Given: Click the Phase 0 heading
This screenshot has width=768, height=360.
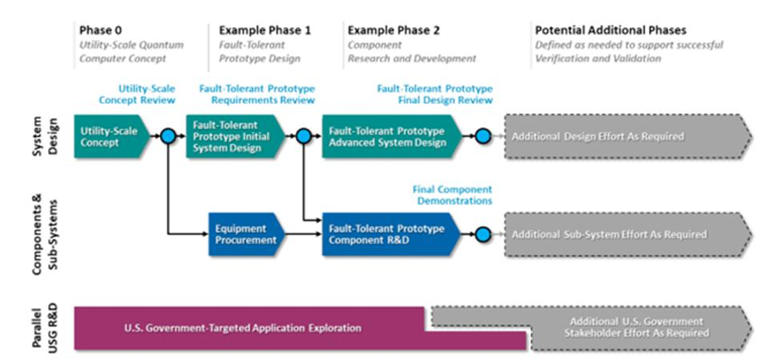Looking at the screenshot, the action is [x=100, y=31].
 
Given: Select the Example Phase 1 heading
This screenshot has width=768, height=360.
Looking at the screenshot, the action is [x=265, y=31].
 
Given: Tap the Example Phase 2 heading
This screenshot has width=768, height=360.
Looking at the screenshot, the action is [x=394, y=31].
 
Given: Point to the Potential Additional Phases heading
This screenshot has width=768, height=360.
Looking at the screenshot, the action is [x=610, y=31].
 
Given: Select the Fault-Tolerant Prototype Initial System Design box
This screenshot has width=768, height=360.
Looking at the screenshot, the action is [x=235, y=136].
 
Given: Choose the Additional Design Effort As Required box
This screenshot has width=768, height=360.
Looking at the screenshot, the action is [x=629, y=136].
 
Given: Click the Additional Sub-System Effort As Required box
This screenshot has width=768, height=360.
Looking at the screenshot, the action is [x=629, y=234].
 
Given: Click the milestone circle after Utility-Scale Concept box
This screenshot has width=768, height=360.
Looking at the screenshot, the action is [x=168, y=136].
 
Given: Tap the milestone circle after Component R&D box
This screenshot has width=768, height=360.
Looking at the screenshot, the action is [x=482, y=234].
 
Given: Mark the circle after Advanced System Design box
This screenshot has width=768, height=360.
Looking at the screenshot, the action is [x=482, y=136].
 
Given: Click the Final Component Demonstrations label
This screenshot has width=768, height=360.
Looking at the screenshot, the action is [x=452, y=195].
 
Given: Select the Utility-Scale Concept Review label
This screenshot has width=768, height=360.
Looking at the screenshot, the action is [x=137, y=95].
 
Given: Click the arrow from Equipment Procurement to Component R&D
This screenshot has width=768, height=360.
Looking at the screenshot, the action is [x=304, y=235].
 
